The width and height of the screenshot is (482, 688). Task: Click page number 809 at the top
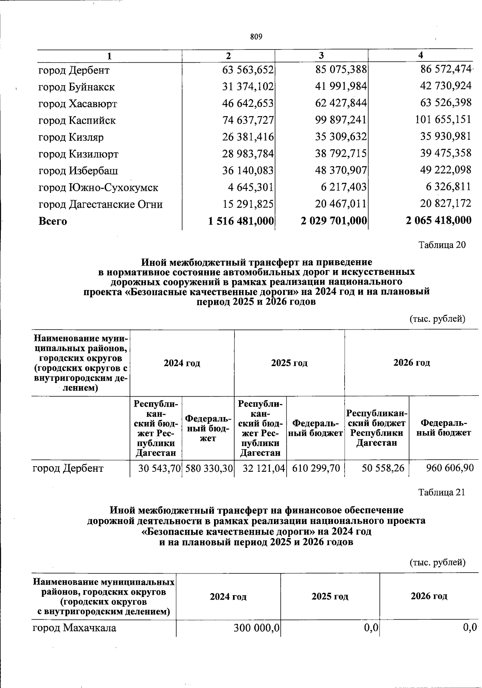tap(256, 37)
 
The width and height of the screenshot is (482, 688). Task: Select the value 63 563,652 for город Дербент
tap(248, 70)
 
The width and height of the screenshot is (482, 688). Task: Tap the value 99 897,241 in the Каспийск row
tap(341, 120)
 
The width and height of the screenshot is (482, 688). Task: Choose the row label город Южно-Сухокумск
tap(98, 188)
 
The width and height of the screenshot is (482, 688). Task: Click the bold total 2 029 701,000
tap(334, 221)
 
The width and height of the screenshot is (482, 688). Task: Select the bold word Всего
tap(53, 221)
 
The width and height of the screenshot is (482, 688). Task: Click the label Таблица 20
tap(442, 245)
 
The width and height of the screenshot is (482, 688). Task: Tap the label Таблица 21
tap(441, 492)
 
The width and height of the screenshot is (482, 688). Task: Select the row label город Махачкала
tap(74, 628)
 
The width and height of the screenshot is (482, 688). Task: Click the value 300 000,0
tap(257, 628)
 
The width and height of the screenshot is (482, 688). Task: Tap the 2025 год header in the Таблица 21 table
tap(330, 596)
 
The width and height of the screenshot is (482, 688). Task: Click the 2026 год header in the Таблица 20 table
tap(411, 362)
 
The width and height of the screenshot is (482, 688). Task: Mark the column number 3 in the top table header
tap(321, 55)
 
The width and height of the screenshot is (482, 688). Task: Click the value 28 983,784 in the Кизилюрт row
tap(248, 154)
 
